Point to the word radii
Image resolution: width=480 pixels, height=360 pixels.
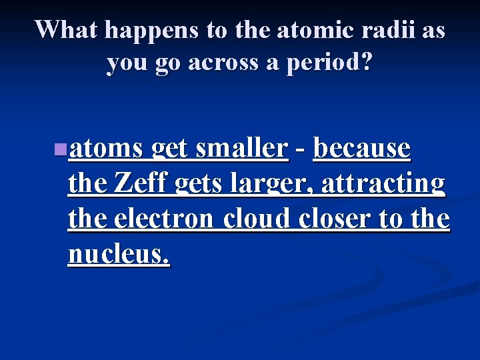379,30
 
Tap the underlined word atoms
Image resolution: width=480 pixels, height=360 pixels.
107,148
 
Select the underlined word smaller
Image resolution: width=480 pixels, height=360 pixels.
241,148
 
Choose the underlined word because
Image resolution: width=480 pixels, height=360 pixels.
362,148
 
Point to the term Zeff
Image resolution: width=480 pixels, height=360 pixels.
143,183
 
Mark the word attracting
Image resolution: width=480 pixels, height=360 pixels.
383,183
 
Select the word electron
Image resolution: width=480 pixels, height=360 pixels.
165,219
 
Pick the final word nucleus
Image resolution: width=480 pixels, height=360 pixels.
119,254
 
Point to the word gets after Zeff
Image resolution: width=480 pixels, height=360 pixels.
200,183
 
